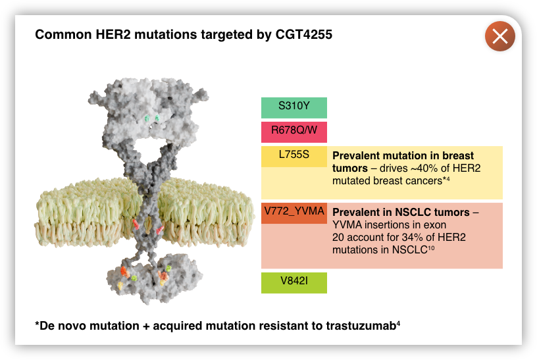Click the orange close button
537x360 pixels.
coord(499,36)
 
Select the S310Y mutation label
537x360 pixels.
coord(294,107)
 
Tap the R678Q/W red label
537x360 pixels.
coord(294,132)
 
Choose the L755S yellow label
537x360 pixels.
coord(294,157)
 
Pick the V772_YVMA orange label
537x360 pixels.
coord(294,213)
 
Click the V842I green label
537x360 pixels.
coord(294,282)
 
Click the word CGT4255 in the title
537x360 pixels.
coord(304,35)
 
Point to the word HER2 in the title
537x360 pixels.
coord(113,35)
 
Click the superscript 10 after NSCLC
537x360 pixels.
coord(431,247)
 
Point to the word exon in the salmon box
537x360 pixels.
coord(433,225)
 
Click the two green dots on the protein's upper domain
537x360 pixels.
coord(152,119)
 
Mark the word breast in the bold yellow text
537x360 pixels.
coord(458,155)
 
